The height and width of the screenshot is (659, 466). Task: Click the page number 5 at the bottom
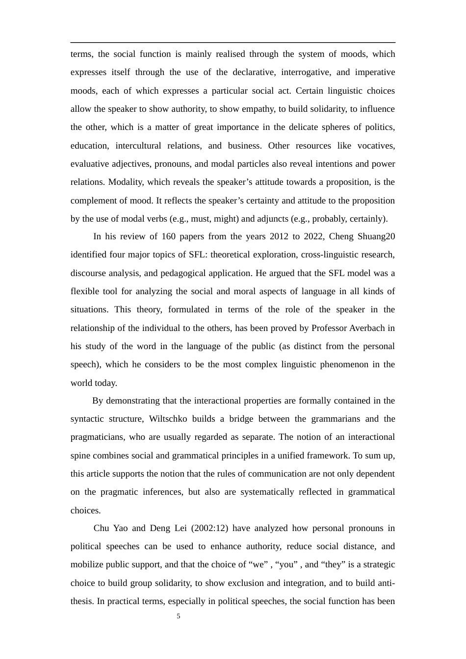[179, 616]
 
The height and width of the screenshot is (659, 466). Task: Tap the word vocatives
[376, 146]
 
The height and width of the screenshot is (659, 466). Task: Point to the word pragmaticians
[97, 437]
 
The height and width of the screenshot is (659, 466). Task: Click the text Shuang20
[376, 236]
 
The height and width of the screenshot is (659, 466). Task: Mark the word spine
[80, 456]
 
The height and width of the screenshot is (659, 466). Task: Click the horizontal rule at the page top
[233, 43]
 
